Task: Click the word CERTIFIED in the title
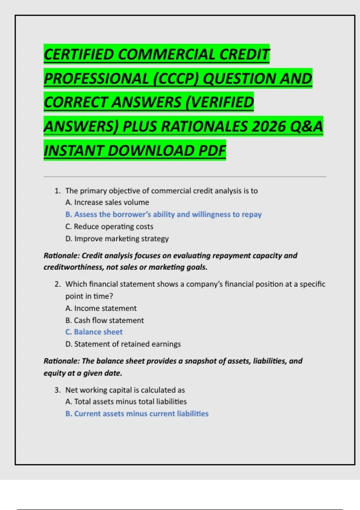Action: click(x=79, y=54)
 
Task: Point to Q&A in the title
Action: click(x=306, y=127)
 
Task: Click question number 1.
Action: click(x=57, y=191)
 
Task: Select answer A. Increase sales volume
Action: click(x=107, y=202)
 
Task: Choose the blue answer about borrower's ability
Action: click(x=163, y=214)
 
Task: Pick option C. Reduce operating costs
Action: click(x=109, y=226)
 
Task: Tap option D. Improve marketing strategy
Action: click(x=117, y=239)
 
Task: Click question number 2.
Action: click(x=57, y=284)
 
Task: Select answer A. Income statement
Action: click(x=101, y=308)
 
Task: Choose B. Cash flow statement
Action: click(x=104, y=320)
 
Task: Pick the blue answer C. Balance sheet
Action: click(x=94, y=332)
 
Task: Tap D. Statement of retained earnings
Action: click(x=123, y=344)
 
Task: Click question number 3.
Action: click(x=57, y=390)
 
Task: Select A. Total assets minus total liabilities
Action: click(x=126, y=402)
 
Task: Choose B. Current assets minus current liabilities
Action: click(x=137, y=414)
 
